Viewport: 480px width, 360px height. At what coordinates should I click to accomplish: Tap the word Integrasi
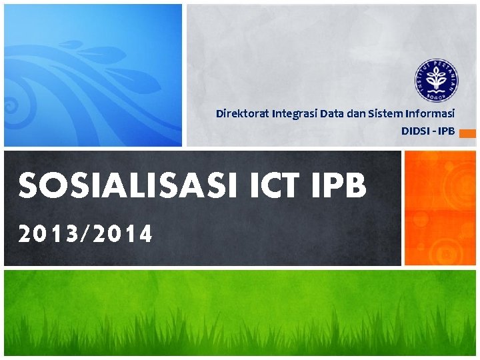pos(294,113)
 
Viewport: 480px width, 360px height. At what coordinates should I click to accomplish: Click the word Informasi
pos(429,113)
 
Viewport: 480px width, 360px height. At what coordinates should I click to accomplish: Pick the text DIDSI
pos(415,131)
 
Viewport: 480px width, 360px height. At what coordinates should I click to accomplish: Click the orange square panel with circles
pos(441,208)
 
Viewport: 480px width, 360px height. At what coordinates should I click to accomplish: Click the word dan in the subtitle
pos(355,113)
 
